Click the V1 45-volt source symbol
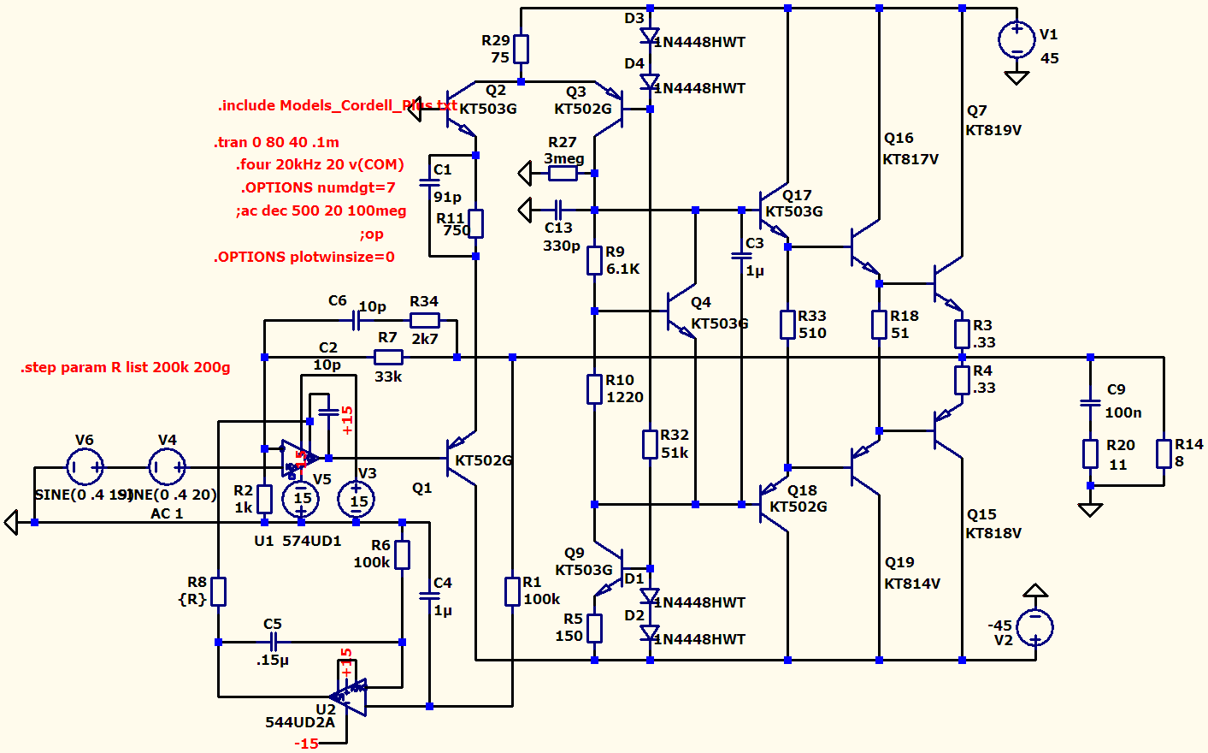[1016, 40]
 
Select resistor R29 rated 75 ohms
[521, 50]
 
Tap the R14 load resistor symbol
[1164, 454]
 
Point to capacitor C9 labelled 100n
[1090, 402]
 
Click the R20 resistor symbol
[1090, 454]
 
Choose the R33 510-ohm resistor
[787, 324]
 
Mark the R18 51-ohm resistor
[879, 324]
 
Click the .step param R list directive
[125, 368]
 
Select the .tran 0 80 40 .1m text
[276, 142]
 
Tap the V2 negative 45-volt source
[1034, 626]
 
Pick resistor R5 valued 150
[594, 628]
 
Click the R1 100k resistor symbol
[512, 591]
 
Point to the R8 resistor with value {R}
[219, 591]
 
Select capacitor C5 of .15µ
[274, 642]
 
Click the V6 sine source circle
[85, 467]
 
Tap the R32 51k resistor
[650, 444]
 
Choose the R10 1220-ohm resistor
[594, 389]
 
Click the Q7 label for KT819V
[976, 111]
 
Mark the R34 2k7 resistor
[425, 320]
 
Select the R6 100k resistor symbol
[402, 554]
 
